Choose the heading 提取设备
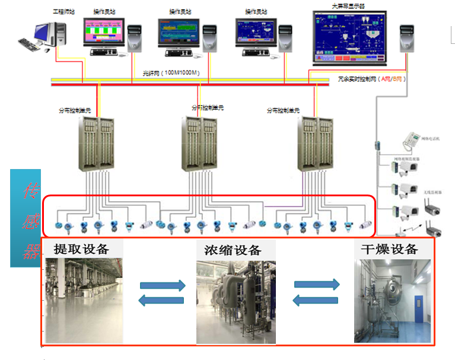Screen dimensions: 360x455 81,249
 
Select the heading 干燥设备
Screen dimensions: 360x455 389,249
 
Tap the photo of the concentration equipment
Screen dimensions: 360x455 236,301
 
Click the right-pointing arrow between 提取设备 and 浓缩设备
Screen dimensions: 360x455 162,285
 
